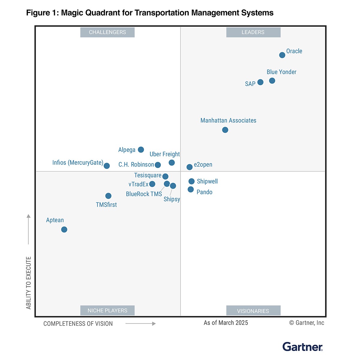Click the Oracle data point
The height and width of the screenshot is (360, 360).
tap(282, 55)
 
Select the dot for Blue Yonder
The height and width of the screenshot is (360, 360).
tap(272, 81)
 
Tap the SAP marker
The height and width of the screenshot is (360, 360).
tap(260, 82)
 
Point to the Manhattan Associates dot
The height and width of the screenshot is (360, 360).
tap(225, 130)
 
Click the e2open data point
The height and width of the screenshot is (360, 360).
tap(189, 167)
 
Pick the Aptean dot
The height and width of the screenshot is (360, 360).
tap(64, 229)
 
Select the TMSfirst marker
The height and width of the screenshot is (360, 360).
tap(108, 196)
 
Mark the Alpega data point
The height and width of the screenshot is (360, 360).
tap(141, 149)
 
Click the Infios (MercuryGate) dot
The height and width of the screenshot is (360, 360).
tap(106, 166)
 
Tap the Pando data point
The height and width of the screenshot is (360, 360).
tap(190, 189)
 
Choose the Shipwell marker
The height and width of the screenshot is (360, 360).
tap(191, 181)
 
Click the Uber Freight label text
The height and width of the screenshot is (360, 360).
tap(165, 154)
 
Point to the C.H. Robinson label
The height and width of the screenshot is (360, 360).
tap(136, 165)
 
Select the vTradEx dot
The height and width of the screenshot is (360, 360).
tap(152, 184)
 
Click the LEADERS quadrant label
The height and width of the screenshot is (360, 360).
tap(253, 32)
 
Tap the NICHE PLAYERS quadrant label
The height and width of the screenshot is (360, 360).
tap(107, 310)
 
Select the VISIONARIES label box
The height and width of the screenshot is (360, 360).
tap(253, 311)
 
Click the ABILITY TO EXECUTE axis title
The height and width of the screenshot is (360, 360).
tap(28, 283)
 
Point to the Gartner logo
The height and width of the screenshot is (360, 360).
tap(303, 347)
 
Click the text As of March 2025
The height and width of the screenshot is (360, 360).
tap(226, 323)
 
